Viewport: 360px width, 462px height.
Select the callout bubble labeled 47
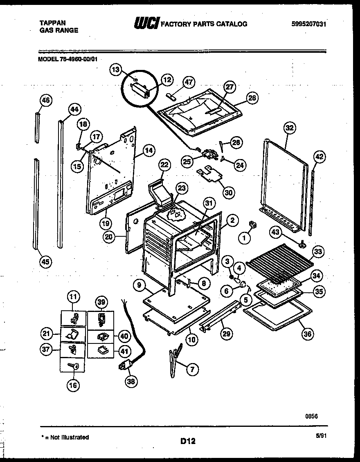pos(189,81)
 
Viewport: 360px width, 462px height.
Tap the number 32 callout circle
pos(289,128)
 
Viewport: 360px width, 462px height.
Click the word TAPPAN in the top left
pos(52,23)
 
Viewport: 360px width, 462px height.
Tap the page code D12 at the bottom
pos(188,441)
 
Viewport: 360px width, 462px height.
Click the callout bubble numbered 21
pos(47,334)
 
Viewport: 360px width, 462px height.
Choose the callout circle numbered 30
pos(229,193)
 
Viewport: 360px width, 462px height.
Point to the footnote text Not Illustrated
pos(67,437)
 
